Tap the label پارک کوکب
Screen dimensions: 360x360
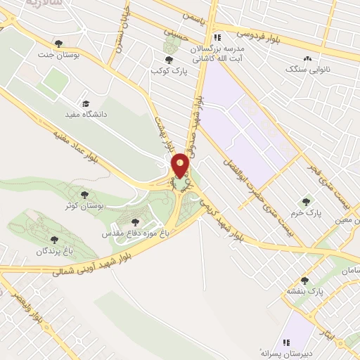click(x=168, y=71)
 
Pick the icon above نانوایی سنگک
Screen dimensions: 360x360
click(x=307, y=59)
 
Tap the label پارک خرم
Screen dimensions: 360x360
click(x=305, y=212)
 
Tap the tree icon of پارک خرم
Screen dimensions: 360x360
click(x=305, y=202)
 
